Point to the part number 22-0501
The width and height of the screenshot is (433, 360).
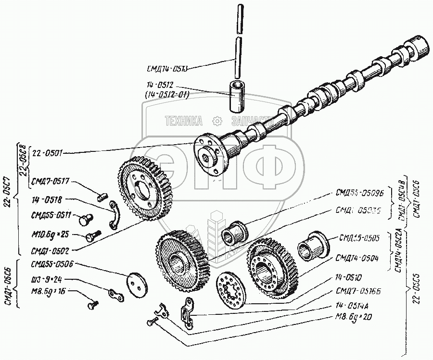pyautogui.click(x=46, y=153)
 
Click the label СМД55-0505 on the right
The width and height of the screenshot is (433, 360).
pyautogui.click(x=359, y=237)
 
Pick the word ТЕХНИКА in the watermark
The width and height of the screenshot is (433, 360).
pyautogui.click(x=184, y=121)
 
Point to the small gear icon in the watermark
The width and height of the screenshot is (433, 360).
pyautogui.click(x=217, y=120)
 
